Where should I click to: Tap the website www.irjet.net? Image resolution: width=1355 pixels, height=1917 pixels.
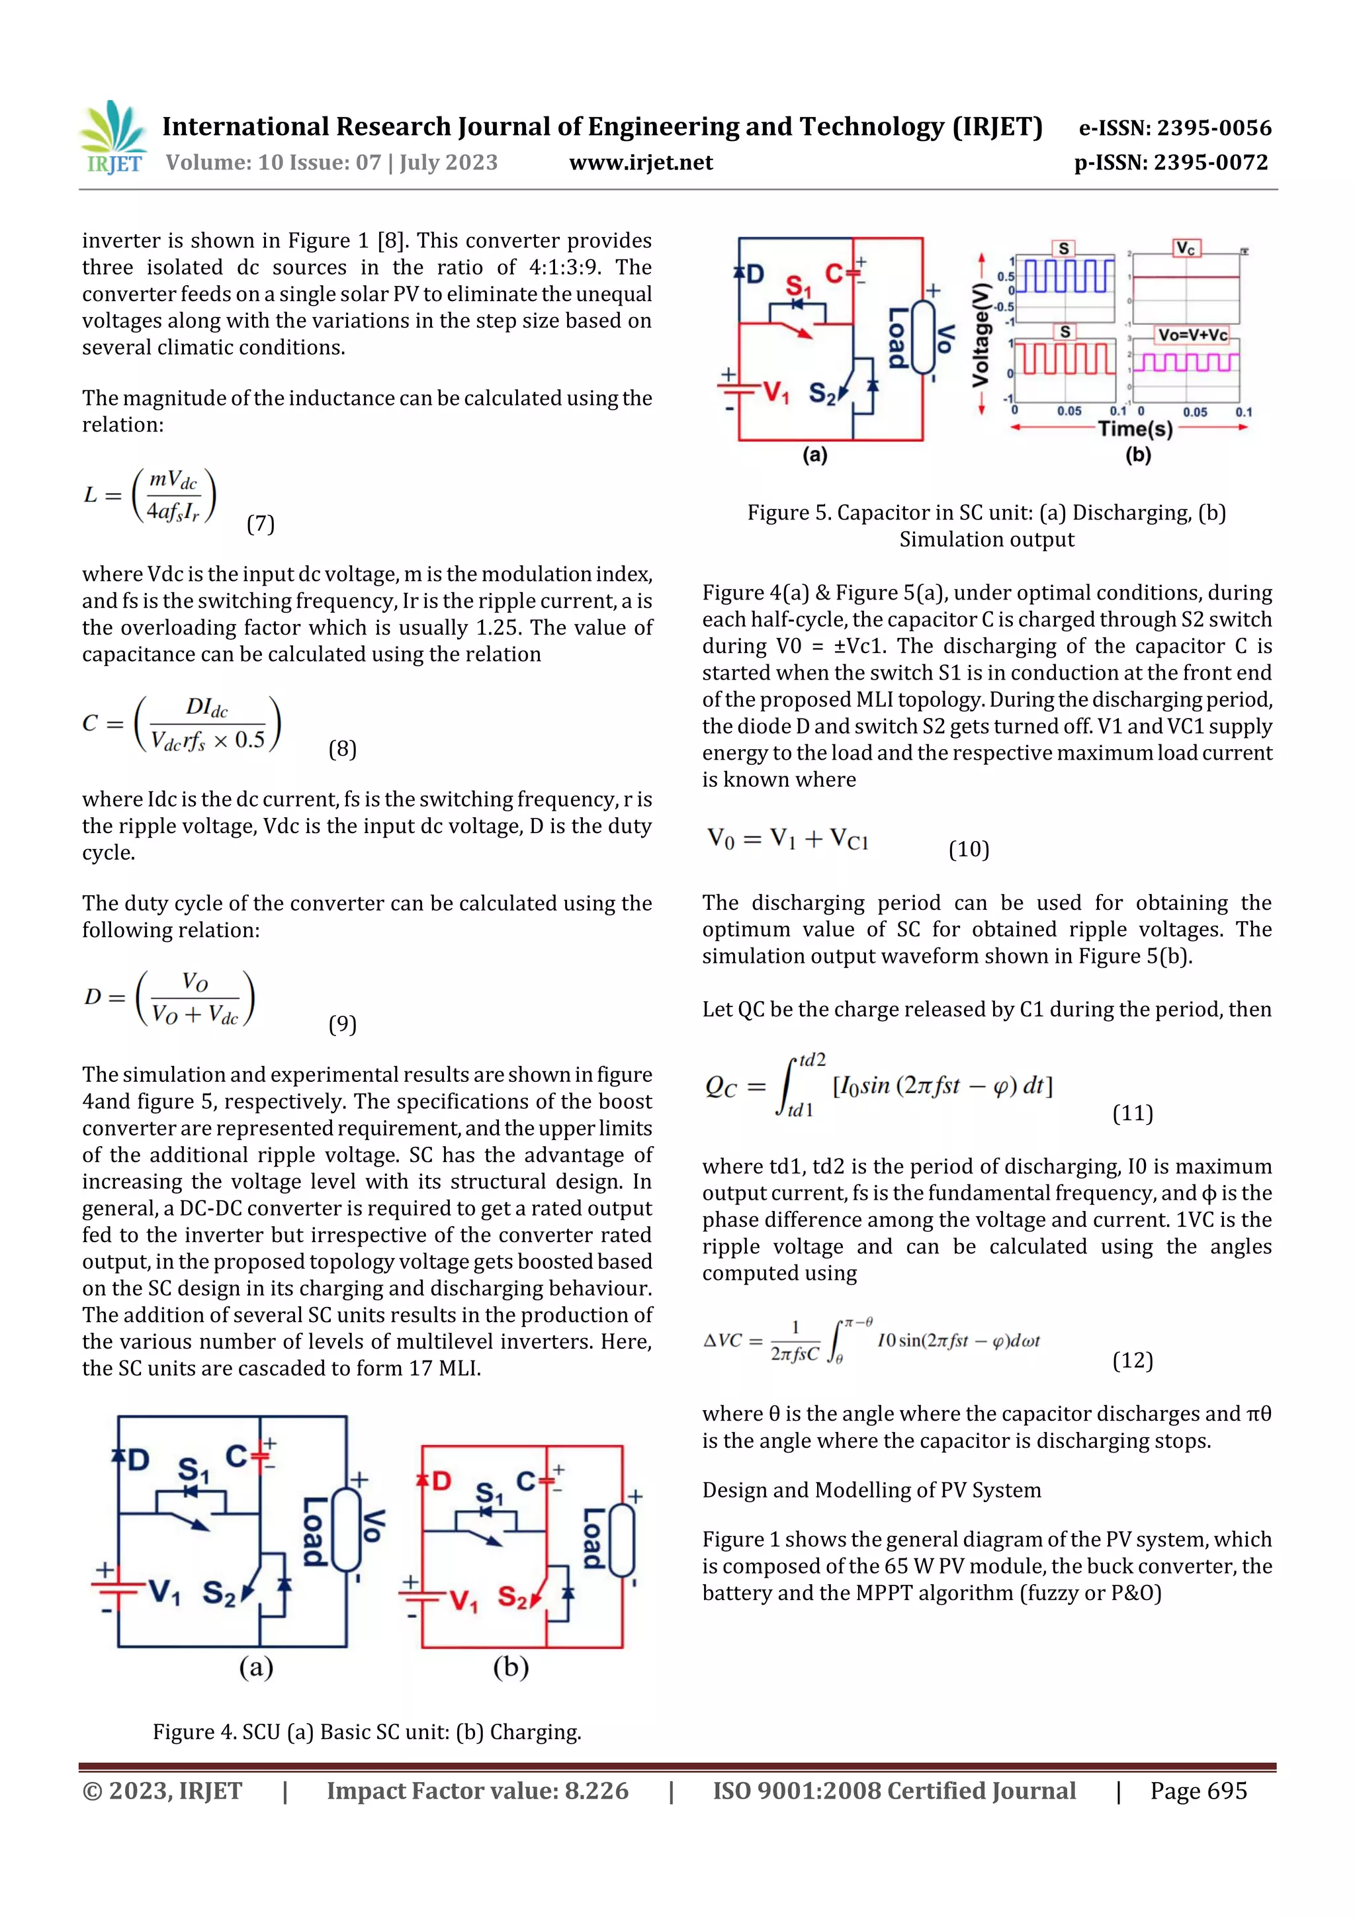point(640,162)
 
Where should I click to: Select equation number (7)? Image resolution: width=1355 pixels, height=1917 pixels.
point(261,523)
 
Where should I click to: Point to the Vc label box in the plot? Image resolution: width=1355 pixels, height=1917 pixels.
point(1186,249)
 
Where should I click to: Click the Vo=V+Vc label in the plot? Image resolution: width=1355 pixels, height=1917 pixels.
point(1192,335)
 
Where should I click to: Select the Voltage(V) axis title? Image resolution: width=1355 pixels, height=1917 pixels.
point(981,334)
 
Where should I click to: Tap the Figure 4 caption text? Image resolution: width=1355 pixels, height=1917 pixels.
point(367,1732)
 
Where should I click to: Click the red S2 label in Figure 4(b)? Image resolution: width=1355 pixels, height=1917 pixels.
point(513,1597)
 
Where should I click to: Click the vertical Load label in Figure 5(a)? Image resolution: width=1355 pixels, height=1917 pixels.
point(898,339)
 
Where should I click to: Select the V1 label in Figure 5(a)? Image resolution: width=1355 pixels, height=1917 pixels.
point(775,392)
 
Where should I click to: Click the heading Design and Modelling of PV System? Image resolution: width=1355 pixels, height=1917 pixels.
point(871,1490)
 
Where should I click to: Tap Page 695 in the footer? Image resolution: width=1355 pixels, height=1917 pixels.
point(1198,1791)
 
